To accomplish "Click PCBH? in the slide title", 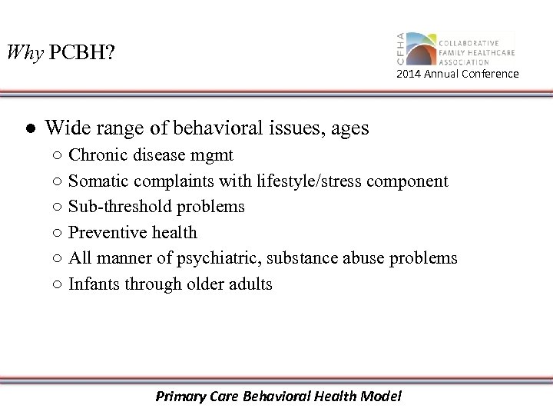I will pos(80,53).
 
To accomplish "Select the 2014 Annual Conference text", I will pos(457,74).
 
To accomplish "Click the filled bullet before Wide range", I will pos(27,128).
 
